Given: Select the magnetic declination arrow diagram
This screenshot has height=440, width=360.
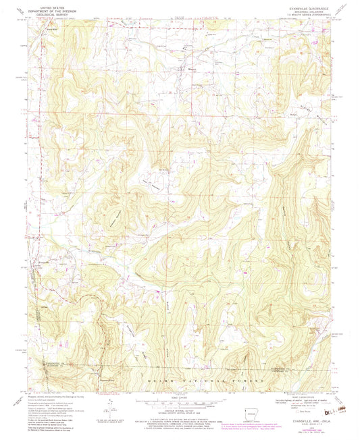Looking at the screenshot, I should [111, 403].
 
